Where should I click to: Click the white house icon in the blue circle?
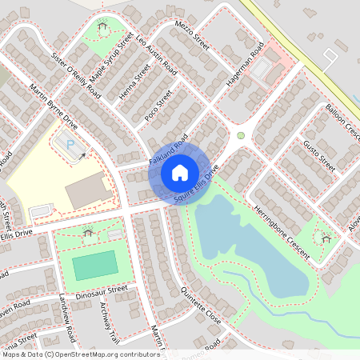click(179, 172)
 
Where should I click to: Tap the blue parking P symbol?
click(70, 145)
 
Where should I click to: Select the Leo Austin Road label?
click(157, 54)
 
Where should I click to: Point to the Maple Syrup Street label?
click(113, 58)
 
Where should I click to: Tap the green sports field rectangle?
click(94, 265)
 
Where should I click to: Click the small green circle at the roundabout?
click(240, 135)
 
